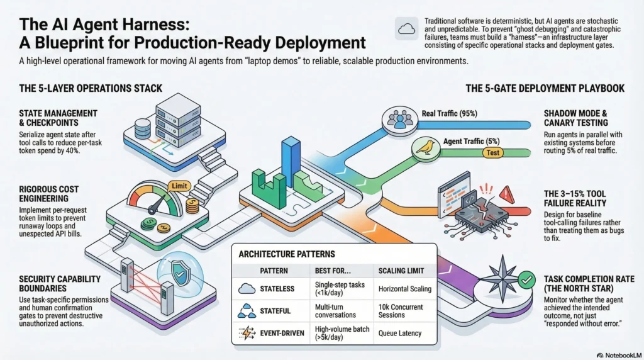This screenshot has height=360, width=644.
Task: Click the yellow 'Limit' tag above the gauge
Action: (180, 186)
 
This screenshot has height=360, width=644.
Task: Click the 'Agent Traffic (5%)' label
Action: (470, 141)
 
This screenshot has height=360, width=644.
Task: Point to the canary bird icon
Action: (425, 148)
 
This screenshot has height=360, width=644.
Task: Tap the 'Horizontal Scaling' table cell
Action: (404, 289)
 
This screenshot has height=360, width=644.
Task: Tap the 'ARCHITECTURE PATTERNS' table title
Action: (287, 254)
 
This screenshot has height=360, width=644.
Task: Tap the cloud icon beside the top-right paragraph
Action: (404, 28)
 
